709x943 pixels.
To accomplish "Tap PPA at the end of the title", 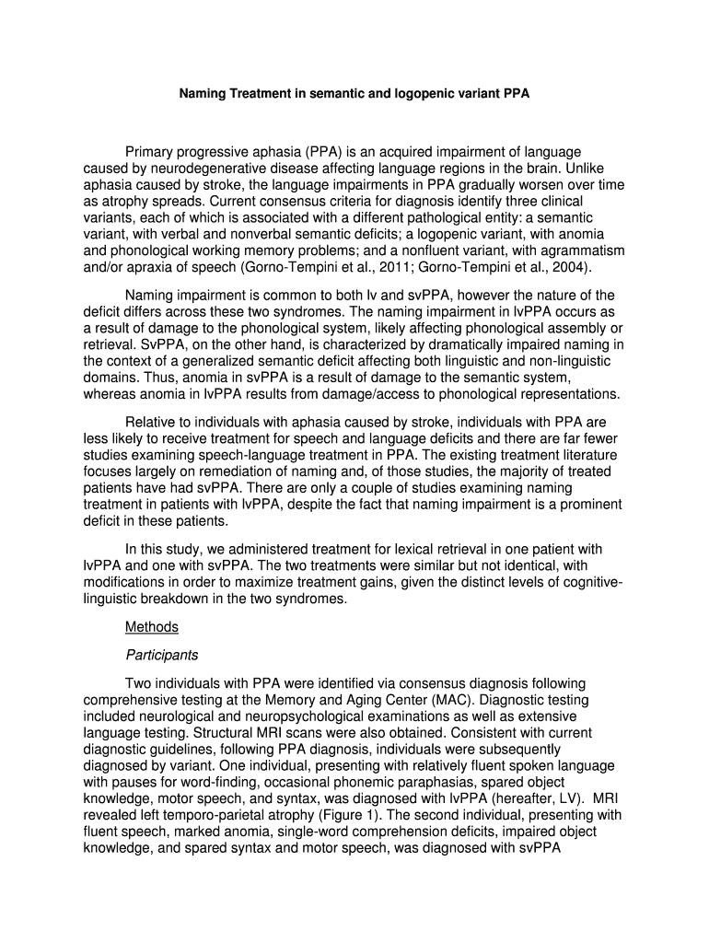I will point(516,93).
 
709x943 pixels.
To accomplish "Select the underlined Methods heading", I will point(152,627).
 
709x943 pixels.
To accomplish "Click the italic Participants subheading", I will point(162,656).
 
